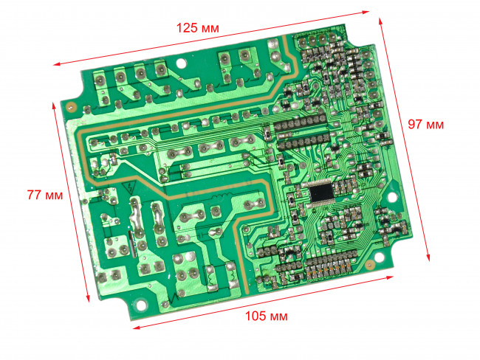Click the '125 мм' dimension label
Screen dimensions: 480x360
click(x=198, y=28)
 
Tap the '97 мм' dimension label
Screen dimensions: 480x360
click(x=425, y=125)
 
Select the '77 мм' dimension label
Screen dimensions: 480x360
click(x=45, y=195)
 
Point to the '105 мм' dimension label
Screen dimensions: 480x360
click(x=267, y=316)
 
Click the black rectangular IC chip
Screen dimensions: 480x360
click(x=321, y=192)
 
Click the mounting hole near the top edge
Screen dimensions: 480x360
click(x=181, y=63)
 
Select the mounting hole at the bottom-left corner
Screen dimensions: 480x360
click(x=141, y=305)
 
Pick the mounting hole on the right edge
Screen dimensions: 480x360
click(x=391, y=197)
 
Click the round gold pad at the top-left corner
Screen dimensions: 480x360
click(x=72, y=108)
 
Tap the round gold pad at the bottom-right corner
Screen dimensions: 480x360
click(x=370, y=264)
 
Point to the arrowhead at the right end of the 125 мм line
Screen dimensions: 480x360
click(x=366, y=13)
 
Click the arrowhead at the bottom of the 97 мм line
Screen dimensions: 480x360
click(x=428, y=257)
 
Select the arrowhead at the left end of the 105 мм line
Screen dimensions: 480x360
click(x=137, y=328)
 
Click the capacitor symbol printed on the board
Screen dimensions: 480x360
click(x=201, y=235)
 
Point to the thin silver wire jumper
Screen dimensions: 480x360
click(x=133, y=245)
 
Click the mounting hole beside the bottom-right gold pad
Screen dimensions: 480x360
click(x=380, y=257)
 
